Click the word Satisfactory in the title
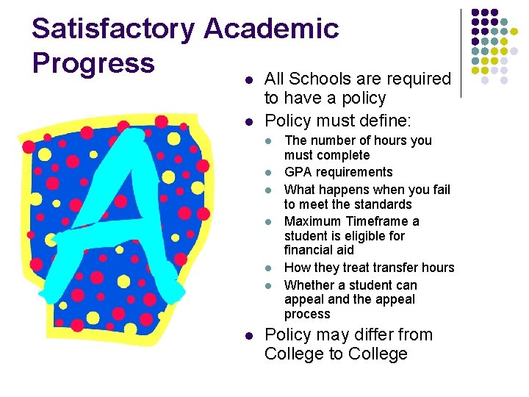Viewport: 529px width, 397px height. point(113,29)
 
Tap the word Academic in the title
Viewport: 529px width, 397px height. point(271,29)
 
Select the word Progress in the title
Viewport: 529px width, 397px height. point(93,62)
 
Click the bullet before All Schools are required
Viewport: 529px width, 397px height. point(249,79)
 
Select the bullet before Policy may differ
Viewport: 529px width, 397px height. point(249,336)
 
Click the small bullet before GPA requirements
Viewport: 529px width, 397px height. point(269,173)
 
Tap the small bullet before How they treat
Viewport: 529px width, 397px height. point(269,268)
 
